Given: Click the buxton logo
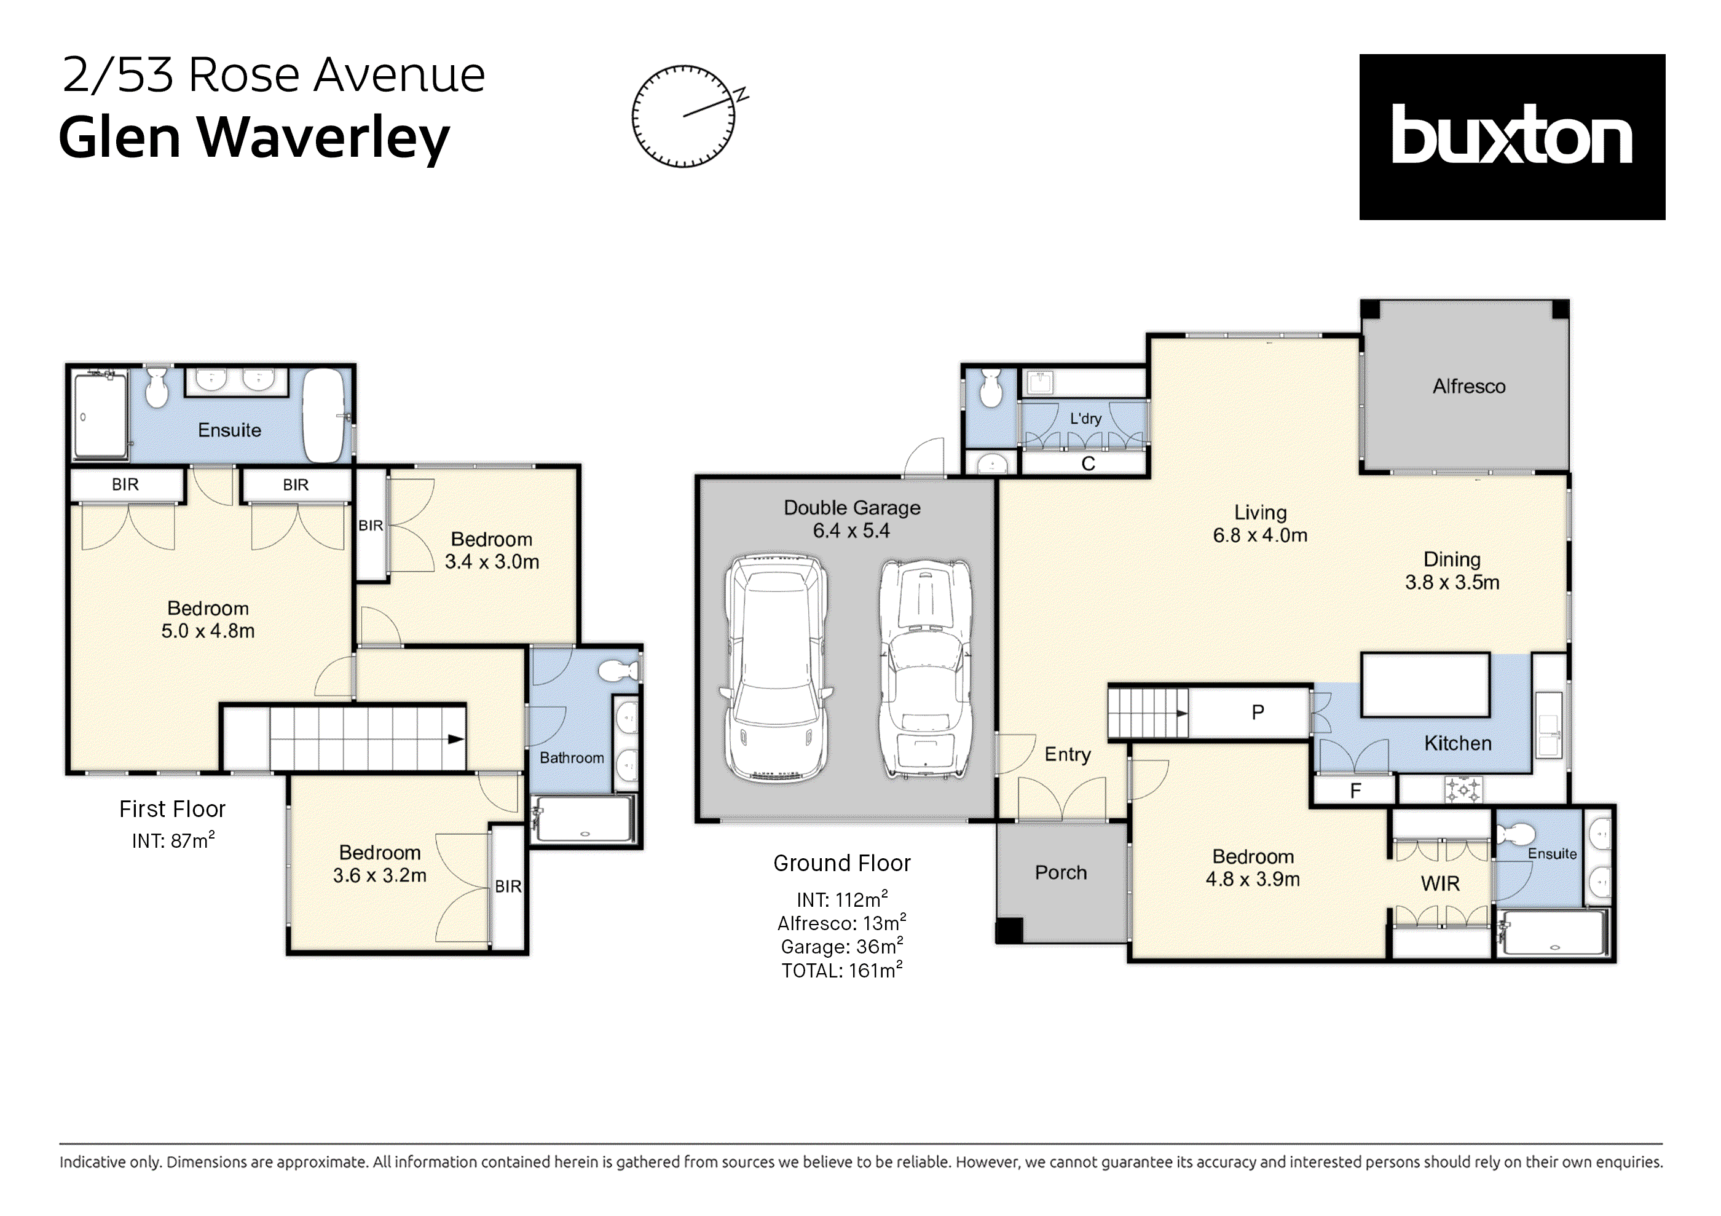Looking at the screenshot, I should pos(1511,136).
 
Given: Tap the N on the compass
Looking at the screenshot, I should pos(741,95).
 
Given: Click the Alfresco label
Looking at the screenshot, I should pos(1468,386).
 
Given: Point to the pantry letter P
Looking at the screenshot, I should pos(1258,713).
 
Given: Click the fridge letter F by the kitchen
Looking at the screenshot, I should pos(1355,791).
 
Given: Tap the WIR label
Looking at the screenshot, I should pos(1440,884).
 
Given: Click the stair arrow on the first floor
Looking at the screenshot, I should pos(455,739).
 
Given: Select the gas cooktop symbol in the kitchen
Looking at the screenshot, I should pos(1463,790).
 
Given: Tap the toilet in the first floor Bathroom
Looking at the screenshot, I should pos(618,670).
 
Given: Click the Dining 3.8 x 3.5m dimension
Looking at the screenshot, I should pos(1451,583).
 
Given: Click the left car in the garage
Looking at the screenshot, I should pos(776,669).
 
